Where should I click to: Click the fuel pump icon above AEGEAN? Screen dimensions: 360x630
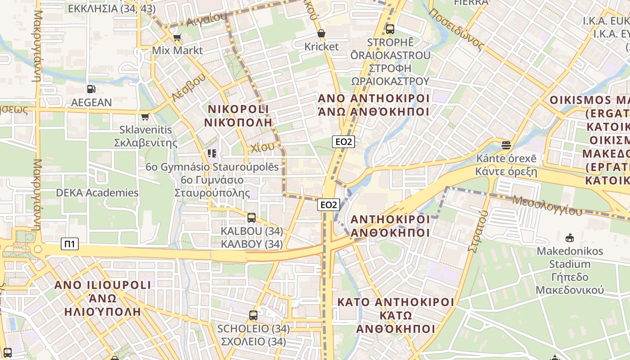point(91,89)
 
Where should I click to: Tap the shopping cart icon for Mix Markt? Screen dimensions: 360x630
point(177,37)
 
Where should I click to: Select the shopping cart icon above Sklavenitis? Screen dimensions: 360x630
point(145,117)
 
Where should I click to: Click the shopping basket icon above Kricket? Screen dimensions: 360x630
point(321,33)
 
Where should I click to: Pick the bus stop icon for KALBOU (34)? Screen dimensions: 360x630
point(252,218)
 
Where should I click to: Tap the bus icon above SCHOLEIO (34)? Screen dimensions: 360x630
point(253,315)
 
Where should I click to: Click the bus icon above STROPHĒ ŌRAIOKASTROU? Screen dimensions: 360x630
point(390,29)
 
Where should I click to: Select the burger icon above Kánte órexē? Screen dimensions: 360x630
point(506,145)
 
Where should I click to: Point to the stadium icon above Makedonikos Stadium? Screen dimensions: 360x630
point(570,237)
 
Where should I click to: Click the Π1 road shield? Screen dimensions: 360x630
point(70,244)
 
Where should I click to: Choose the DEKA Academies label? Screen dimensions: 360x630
point(97,193)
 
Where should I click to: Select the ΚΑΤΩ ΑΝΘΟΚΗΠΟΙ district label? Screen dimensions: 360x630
point(396,315)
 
